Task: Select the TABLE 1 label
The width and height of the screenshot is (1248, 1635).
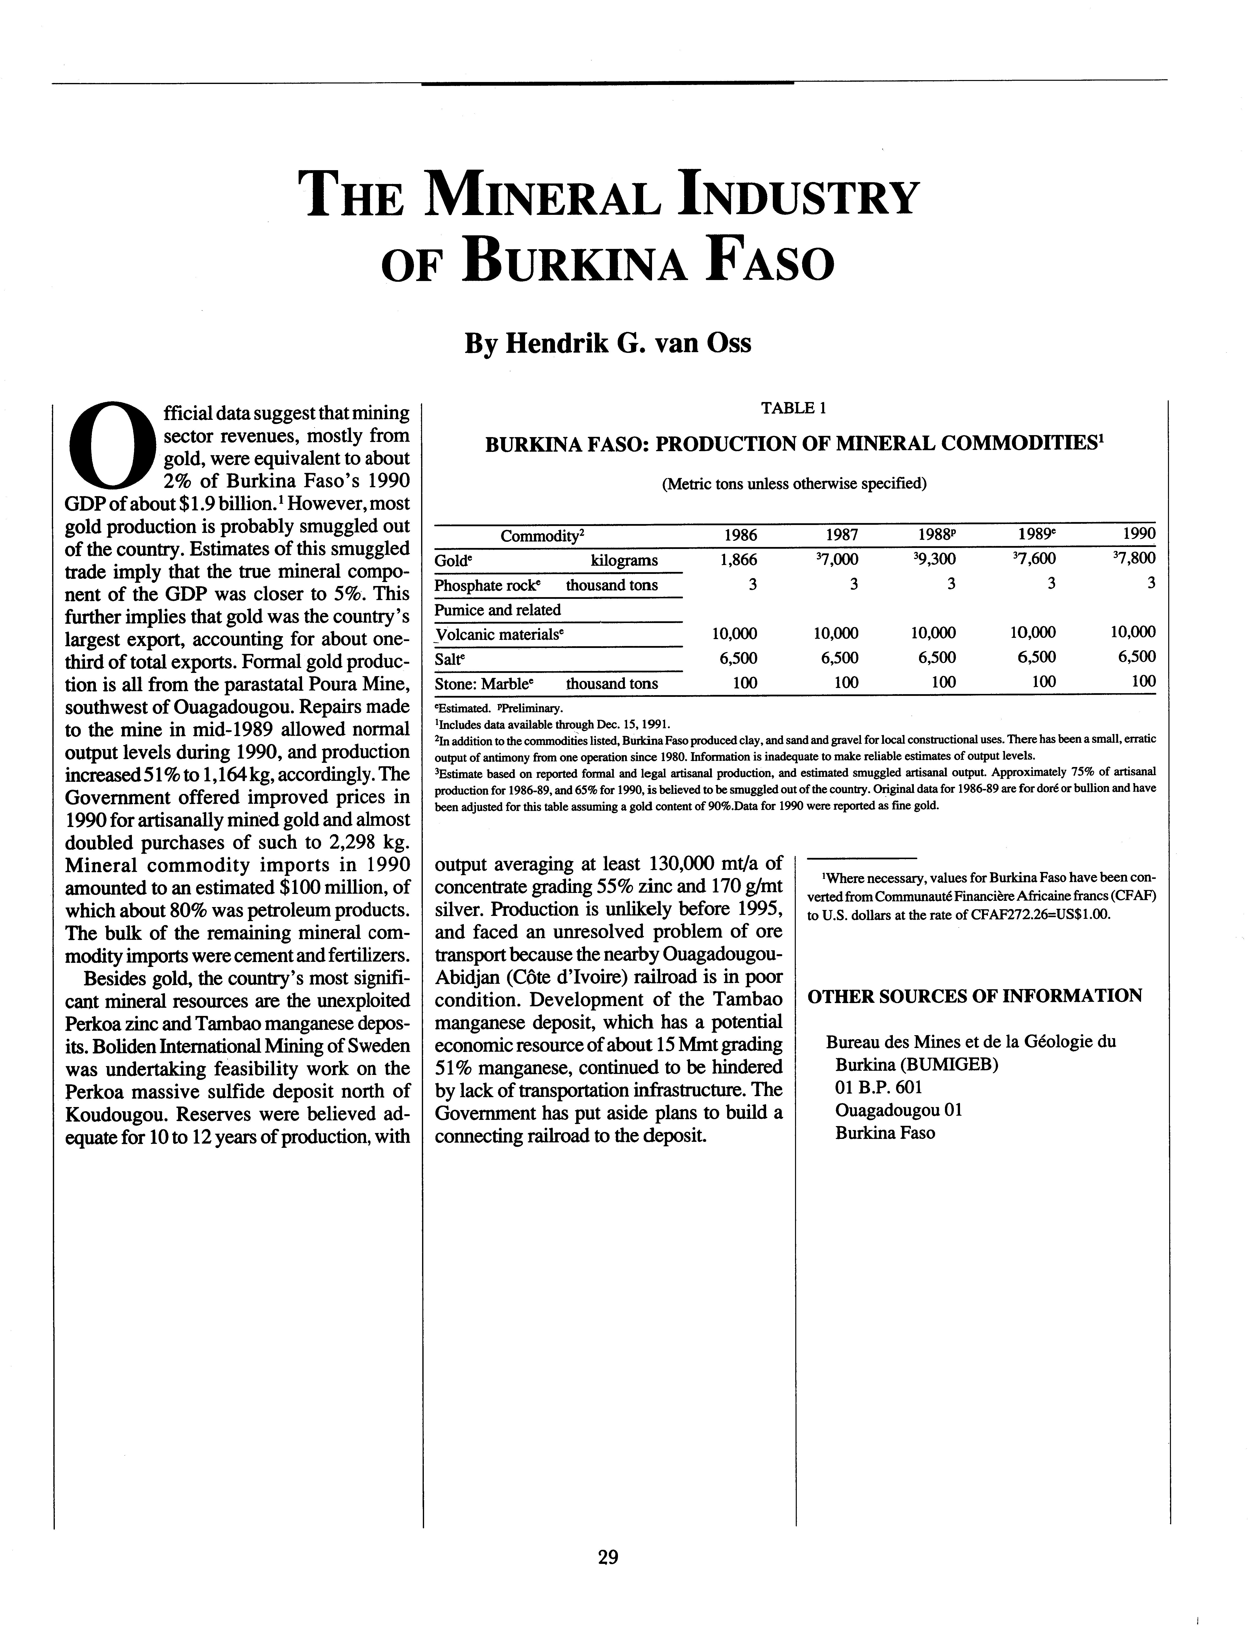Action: [x=793, y=408]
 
